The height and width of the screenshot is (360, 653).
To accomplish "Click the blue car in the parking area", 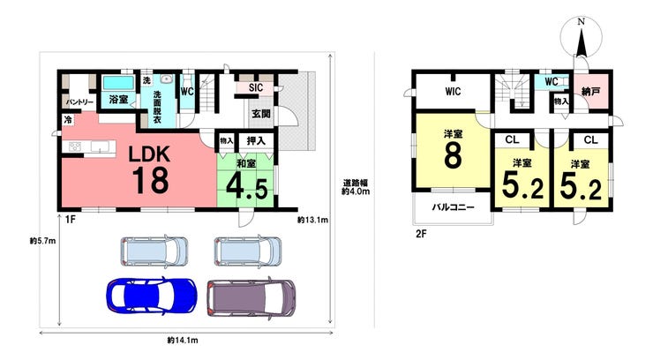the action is click(152, 296).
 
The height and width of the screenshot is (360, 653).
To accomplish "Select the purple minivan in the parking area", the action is click(251, 297).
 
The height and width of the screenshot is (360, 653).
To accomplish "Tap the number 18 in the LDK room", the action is click(151, 180).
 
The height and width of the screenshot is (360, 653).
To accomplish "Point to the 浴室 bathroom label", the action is click(118, 100).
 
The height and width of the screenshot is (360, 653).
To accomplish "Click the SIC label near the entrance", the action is click(256, 87).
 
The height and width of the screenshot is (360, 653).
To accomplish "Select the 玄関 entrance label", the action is click(261, 113).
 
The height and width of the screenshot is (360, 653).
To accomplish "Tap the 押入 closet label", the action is click(256, 140).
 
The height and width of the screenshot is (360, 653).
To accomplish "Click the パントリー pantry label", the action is click(79, 102).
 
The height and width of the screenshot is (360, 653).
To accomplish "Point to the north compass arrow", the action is click(581, 41).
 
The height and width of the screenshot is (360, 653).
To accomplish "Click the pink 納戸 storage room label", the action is click(590, 91).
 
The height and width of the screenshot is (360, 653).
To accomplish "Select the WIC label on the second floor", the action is click(453, 91).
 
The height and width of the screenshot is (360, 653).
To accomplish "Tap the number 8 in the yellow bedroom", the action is click(453, 155).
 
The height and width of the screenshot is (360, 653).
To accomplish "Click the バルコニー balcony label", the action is click(453, 206).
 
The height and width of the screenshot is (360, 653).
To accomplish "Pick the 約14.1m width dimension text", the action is click(183, 341).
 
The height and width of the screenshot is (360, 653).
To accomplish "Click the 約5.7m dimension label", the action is click(43, 241).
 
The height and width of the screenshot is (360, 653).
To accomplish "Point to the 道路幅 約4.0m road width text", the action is click(356, 187).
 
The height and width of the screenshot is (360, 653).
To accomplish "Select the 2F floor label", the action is click(421, 234).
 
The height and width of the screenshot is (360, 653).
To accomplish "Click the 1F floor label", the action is click(70, 220).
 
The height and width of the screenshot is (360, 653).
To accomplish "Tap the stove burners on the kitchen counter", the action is click(75, 146).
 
